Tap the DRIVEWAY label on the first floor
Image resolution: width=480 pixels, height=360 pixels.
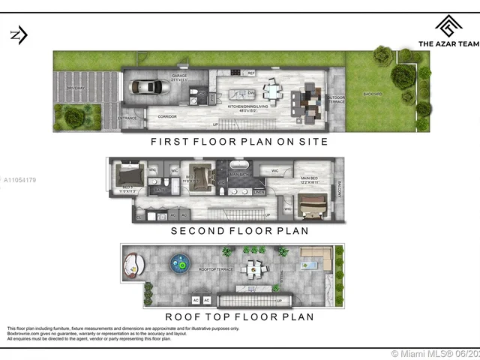[x=76, y=88]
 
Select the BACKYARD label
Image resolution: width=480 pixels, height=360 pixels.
[x=373, y=94]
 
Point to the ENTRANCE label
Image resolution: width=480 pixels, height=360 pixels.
[x=128, y=118]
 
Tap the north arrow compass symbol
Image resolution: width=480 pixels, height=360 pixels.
[x=19, y=34]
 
